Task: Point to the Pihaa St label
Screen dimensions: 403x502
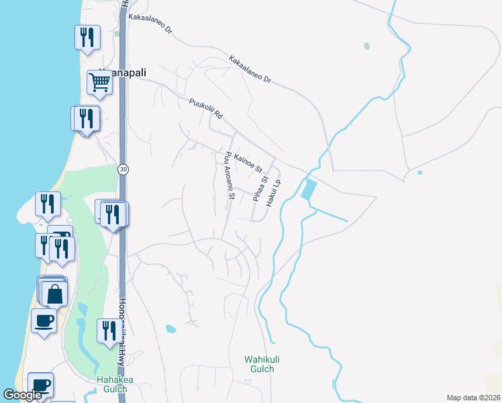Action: (260, 188)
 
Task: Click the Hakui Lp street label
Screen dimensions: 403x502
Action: (274, 191)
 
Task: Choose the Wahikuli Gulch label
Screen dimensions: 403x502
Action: (260, 364)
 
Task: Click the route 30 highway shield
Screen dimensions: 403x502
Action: (123, 169)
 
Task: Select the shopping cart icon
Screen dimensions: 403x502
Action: (99, 83)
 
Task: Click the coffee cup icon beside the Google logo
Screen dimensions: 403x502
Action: (40, 385)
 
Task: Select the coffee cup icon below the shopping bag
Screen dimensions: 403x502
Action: (44, 320)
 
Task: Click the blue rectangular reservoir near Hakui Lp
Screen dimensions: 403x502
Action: (308, 189)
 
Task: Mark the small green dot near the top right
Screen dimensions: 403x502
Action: (366, 46)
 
